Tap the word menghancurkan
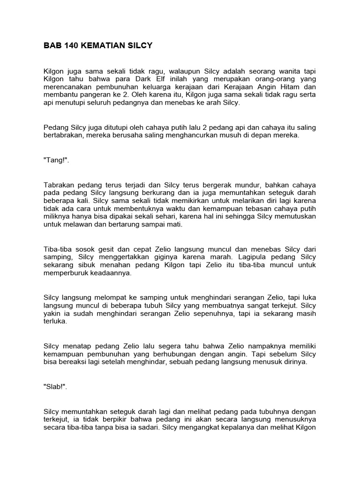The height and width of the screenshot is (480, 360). click(194, 135)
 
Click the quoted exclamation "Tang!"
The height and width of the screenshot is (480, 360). click(56, 159)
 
